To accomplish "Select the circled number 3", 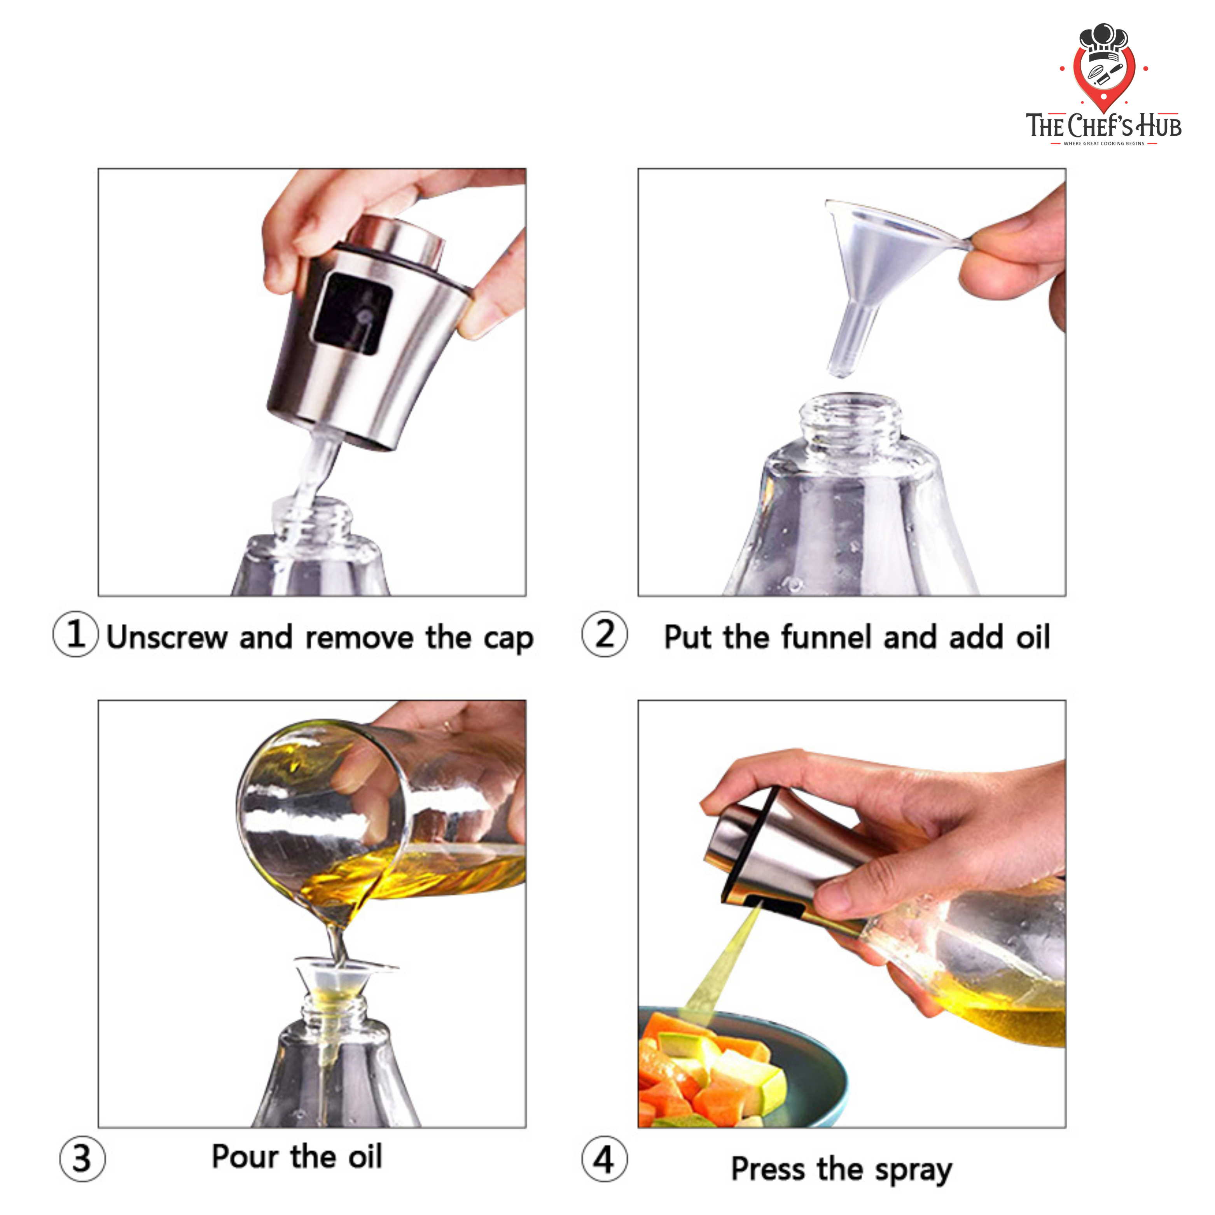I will [x=82, y=1158].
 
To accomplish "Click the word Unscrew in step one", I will [x=167, y=637].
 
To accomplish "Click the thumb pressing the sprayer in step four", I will [x=868, y=893].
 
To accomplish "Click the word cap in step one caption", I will [x=508, y=638].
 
